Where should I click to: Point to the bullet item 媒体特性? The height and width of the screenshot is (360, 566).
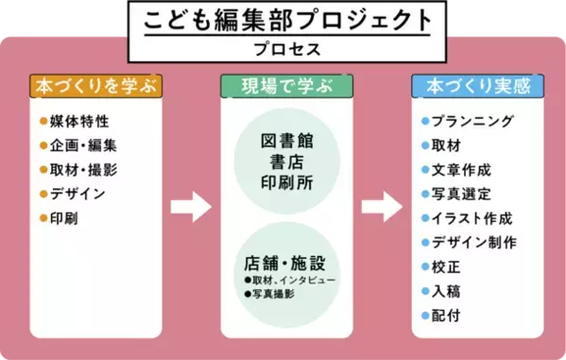pos(78,122)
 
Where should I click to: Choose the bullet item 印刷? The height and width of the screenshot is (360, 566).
pos(66,219)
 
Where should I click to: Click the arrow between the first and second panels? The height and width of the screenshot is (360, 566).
pos(190,207)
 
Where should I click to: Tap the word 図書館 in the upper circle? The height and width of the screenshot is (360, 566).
pos(285,140)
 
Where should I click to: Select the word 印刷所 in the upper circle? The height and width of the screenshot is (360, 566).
pos(285,180)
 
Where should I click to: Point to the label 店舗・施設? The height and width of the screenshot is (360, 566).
pos(283,261)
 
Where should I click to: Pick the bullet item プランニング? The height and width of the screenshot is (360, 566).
pos(472,122)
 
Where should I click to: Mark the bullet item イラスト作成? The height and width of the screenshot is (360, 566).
pos(472,218)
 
